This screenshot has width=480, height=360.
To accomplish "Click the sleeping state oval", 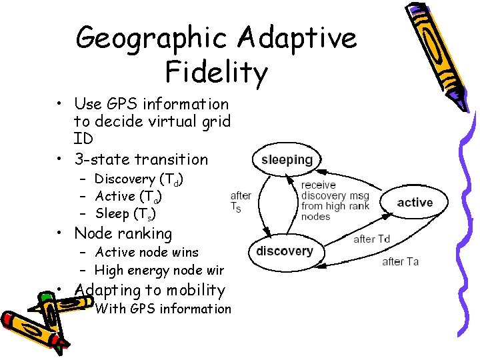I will click(287, 160).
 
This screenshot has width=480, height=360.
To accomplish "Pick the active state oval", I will click(415, 203).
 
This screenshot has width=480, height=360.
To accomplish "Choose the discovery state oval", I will click(285, 251).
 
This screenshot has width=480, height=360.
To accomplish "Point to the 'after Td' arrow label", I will click(371, 239).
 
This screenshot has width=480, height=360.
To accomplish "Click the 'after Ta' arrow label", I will click(400, 261).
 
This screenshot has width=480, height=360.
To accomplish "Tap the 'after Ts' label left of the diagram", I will click(241, 201).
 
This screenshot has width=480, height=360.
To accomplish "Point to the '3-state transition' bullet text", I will click(141, 159).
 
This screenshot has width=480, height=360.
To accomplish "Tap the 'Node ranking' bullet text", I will click(123, 233).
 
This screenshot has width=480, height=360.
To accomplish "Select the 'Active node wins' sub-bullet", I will click(147, 252).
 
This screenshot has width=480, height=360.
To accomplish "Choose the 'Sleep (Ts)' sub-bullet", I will click(125, 214).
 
